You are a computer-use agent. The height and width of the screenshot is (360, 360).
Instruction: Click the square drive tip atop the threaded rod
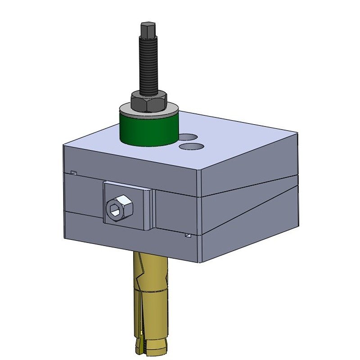[148, 32]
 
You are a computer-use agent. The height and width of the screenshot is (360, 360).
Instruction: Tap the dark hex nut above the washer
[148, 101]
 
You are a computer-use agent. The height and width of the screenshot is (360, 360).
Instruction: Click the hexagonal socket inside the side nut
[114, 208]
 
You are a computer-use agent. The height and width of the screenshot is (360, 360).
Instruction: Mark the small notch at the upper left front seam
[74, 173]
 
